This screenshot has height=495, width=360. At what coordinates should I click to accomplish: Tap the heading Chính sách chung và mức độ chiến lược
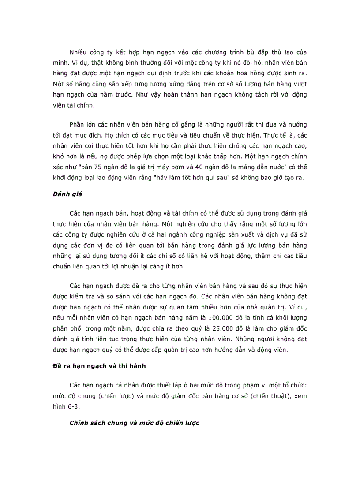[x=135, y=423]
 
